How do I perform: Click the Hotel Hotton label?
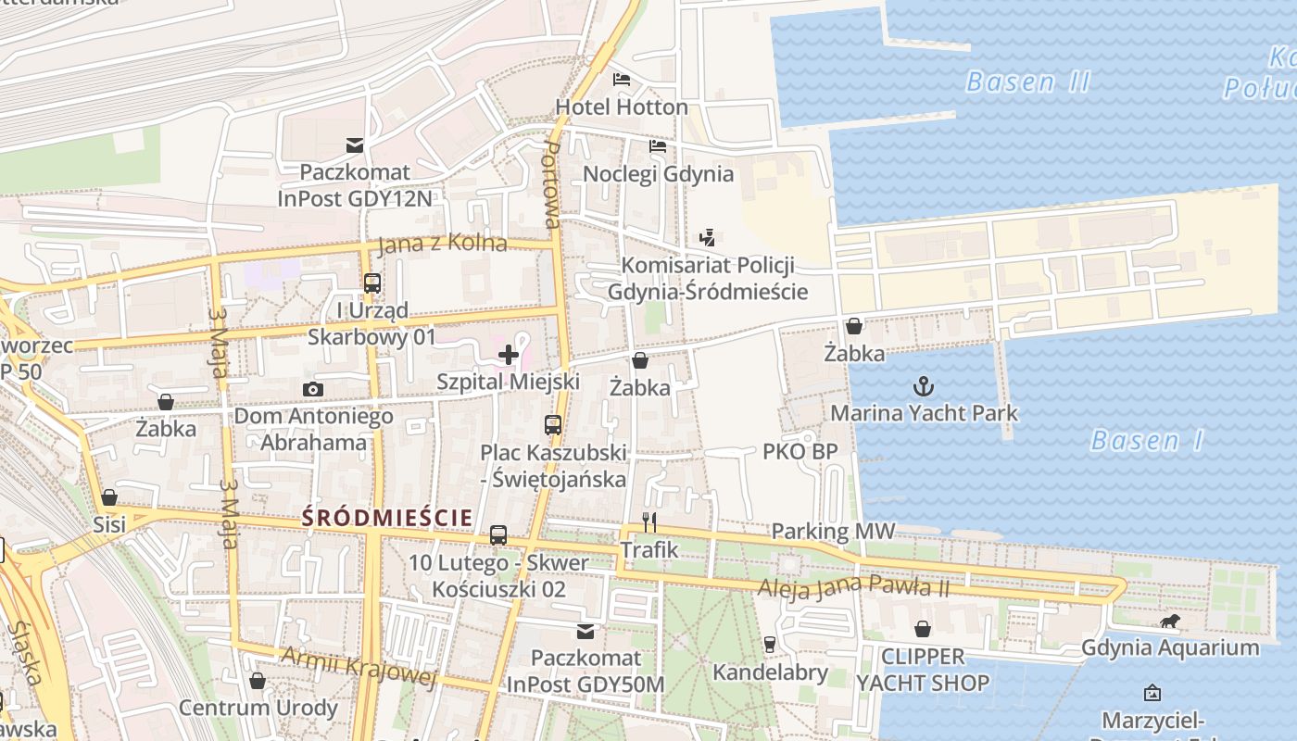(622, 107)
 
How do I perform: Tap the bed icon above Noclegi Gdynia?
(658, 146)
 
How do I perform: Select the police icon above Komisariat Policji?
(708, 237)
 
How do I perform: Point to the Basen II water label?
(1027, 82)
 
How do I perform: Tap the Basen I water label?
(1147, 440)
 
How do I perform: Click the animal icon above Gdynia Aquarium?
(1171, 621)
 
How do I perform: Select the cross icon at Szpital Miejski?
(509, 354)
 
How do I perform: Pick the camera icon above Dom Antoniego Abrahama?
(313, 389)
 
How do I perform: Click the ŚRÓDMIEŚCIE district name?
(387, 518)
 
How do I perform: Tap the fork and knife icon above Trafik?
(649, 522)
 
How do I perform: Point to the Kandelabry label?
(770, 672)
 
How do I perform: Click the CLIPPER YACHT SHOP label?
(923, 670)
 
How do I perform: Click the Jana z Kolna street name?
(442, 244)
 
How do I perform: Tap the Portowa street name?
(551, 185)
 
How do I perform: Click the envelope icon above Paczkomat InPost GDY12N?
(355, 144)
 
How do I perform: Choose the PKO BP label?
(800, 452)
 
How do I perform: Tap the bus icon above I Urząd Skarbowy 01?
(371, 283)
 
